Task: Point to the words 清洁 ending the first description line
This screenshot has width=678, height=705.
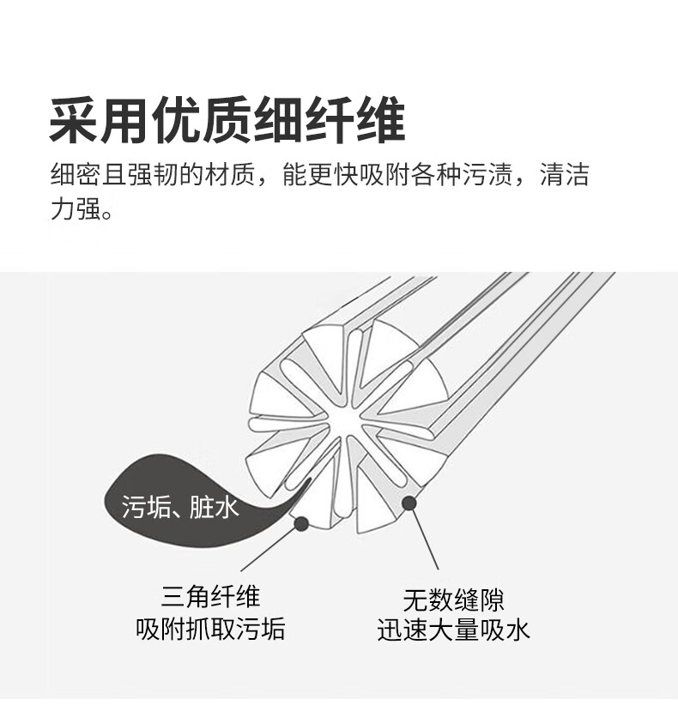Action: [564, 177]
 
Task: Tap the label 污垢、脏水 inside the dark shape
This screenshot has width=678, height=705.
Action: [179, 508]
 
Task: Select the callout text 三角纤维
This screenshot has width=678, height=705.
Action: [210, 597]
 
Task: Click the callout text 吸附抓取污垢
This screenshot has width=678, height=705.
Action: [210, 631]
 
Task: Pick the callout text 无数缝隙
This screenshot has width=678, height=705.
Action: [453, 599]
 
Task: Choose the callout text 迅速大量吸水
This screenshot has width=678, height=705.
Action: [453, 631]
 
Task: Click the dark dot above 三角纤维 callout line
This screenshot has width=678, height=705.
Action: [300, 522]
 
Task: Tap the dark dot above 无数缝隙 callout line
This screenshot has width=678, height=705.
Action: [409, 503]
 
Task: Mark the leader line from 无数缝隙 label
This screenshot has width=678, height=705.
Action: [425, 538]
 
